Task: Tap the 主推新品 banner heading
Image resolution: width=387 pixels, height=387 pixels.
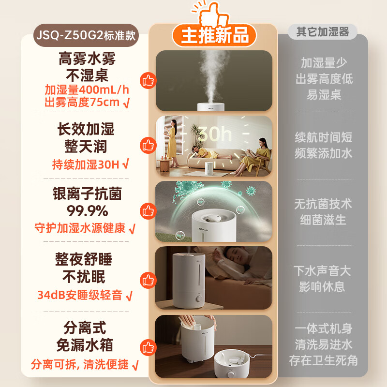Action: tap(215, 35)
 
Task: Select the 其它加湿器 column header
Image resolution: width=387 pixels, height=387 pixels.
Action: tap(323, 32)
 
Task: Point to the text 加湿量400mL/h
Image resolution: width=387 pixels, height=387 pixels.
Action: tap(87, 90)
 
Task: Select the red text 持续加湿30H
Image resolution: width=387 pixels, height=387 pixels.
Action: tap(86, 164)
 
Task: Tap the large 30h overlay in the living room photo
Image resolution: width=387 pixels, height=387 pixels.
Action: tap(215, 134)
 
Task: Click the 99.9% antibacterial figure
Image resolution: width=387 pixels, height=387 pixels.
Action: tap(87, 211)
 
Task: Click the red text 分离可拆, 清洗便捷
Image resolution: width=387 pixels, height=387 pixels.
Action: tap(80, 364)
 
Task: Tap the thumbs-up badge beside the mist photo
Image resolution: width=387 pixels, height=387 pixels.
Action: tap(148, 80)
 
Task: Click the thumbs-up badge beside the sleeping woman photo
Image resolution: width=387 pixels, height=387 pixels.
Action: tap(148, 279)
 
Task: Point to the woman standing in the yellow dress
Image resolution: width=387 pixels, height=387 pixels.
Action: tap(172, 140)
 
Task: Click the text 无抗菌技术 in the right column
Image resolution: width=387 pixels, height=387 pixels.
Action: tap(323, 204)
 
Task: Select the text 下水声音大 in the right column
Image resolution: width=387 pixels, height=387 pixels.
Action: tap(323, 270)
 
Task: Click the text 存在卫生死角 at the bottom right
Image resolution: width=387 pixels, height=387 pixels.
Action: tap(323, 360)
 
